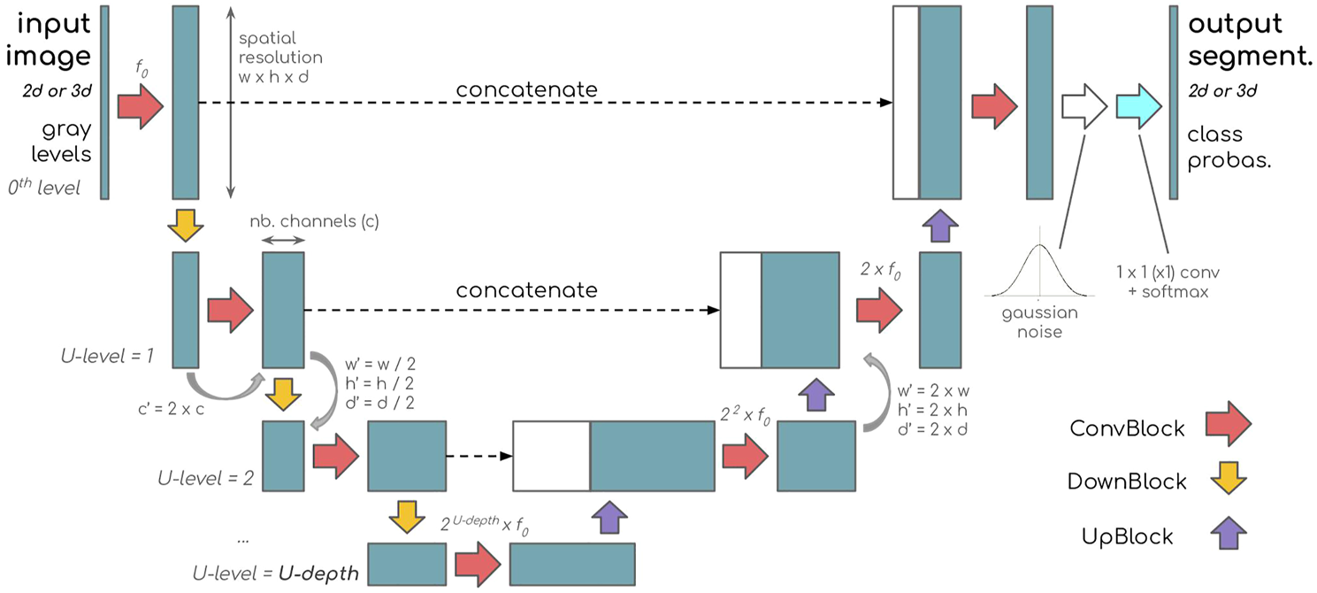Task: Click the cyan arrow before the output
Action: point(1137,105)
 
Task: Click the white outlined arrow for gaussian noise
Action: point(1083,105)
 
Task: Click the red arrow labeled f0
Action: point(140,105)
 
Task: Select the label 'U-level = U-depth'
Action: point(275,572)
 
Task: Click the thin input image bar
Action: point(104,102)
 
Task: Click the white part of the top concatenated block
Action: point(906,102)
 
